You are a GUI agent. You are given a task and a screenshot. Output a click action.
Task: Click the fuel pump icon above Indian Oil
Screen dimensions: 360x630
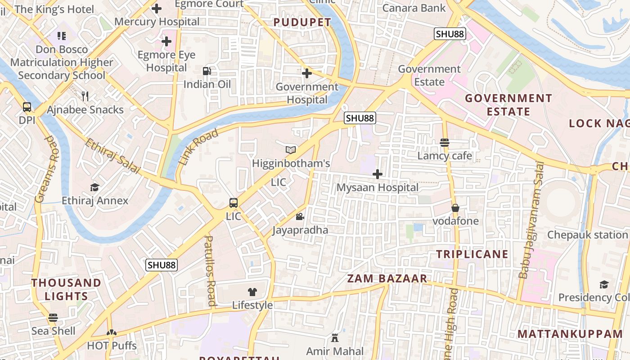(x=207, y=71)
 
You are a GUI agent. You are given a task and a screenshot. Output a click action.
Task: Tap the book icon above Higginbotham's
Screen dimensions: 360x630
(x=291, y=150)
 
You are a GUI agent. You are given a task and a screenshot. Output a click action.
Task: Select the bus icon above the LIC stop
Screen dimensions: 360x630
(x=233, y=203)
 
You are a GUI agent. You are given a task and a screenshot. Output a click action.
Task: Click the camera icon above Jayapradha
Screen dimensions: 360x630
(x=300, y=217)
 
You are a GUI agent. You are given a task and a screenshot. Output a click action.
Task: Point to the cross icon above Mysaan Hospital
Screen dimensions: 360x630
(x=378, y=174)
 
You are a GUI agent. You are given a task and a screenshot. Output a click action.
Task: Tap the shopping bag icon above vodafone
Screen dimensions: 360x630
(x=455, y=208)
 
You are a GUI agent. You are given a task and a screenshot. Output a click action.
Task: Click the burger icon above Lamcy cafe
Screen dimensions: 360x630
(x=445, y=143)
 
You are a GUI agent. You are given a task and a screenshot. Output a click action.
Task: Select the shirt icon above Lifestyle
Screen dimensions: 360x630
(x=252, y=292)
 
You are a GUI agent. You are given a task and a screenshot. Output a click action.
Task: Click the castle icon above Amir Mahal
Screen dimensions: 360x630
(x=334, y=337)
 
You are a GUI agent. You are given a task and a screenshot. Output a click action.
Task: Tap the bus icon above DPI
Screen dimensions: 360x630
(x=27, y=107)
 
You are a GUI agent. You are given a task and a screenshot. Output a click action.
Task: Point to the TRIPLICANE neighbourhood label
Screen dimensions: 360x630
(x=472, y=254)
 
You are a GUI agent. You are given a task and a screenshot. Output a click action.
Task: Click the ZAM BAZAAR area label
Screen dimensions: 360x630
(x=387, y=279)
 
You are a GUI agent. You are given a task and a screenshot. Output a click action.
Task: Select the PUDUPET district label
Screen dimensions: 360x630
(x=302, y=22)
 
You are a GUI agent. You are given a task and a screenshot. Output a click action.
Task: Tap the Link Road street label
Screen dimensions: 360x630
(x=198, y=146)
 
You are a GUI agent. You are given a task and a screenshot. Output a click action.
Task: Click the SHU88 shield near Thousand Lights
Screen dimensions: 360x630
(x=162, y=265)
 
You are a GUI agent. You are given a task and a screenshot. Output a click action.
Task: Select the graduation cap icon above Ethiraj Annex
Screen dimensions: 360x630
(x=94, y=187)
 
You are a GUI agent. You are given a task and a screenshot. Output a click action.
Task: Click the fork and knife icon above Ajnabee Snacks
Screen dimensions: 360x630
(x=85, y=96)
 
